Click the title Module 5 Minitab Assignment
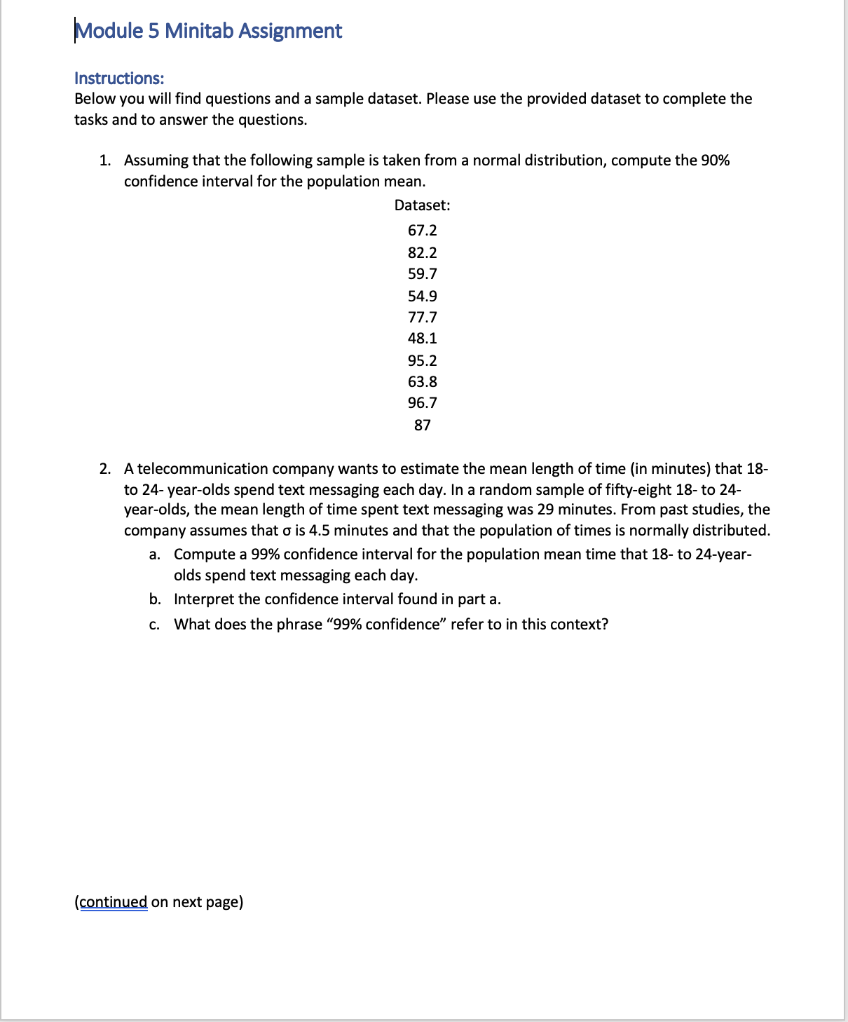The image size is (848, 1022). pos(208,31)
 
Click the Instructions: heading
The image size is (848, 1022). pos(119,78)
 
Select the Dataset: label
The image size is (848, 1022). pos(422,205)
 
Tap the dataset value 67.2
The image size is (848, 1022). pos(422,231)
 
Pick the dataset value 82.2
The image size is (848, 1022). pos(422,252)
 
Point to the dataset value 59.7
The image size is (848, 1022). pos(422,273)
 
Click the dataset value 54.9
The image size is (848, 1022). pos(422,296)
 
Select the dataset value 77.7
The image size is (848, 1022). pos(422,317)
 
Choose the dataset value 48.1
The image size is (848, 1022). pos(422,338)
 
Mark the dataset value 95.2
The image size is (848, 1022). pos(422,360)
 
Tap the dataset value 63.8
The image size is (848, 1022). pos(422,381)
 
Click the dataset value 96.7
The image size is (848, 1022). pos(422,402)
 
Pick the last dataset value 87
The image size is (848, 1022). pos(422,425)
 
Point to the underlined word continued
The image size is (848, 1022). pos(114,901)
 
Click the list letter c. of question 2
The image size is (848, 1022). pos(154,625)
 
